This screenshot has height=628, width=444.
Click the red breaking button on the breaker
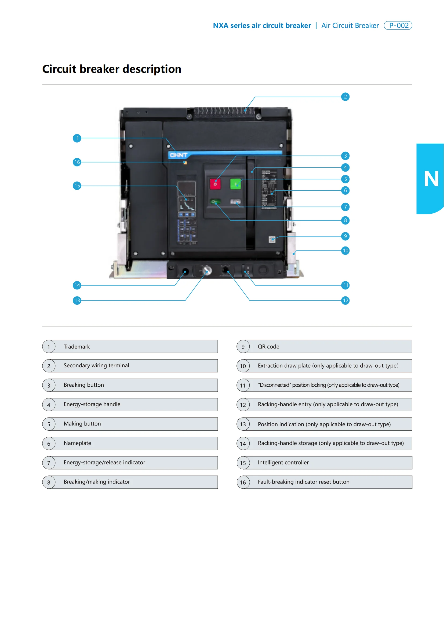click(215, 184)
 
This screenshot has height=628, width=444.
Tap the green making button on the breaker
click(235, 184)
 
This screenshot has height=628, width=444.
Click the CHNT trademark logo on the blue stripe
click(179, 155)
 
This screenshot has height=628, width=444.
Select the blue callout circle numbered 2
click(345, 97)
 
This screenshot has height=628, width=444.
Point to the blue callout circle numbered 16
click(77, 162)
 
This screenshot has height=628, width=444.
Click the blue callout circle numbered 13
click(77, 300)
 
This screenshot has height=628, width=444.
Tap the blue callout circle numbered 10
click(345, 251)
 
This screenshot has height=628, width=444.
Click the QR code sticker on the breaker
click(272, 239)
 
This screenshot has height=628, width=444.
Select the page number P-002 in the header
click(398, 26)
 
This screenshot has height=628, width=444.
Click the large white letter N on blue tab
click(431, 179)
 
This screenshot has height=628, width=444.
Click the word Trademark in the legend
click(77, 347)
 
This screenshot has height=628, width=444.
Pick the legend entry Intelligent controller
click(283, 462)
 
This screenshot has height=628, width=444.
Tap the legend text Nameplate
click(77, 443)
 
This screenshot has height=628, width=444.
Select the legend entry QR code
click(268, 347)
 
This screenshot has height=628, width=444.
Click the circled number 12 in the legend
click(243, 405)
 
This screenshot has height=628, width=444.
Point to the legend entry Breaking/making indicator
click(97, 482)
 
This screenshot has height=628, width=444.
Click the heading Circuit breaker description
click(112, 69)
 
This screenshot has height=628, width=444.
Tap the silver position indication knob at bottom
click(207, 270)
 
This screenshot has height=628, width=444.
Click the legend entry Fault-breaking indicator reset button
click(304, 482)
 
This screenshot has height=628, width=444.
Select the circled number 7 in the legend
click(49, 463)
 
